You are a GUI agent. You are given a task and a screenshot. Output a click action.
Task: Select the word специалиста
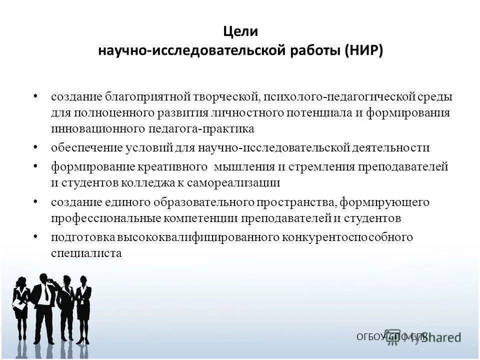(86, 253)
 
